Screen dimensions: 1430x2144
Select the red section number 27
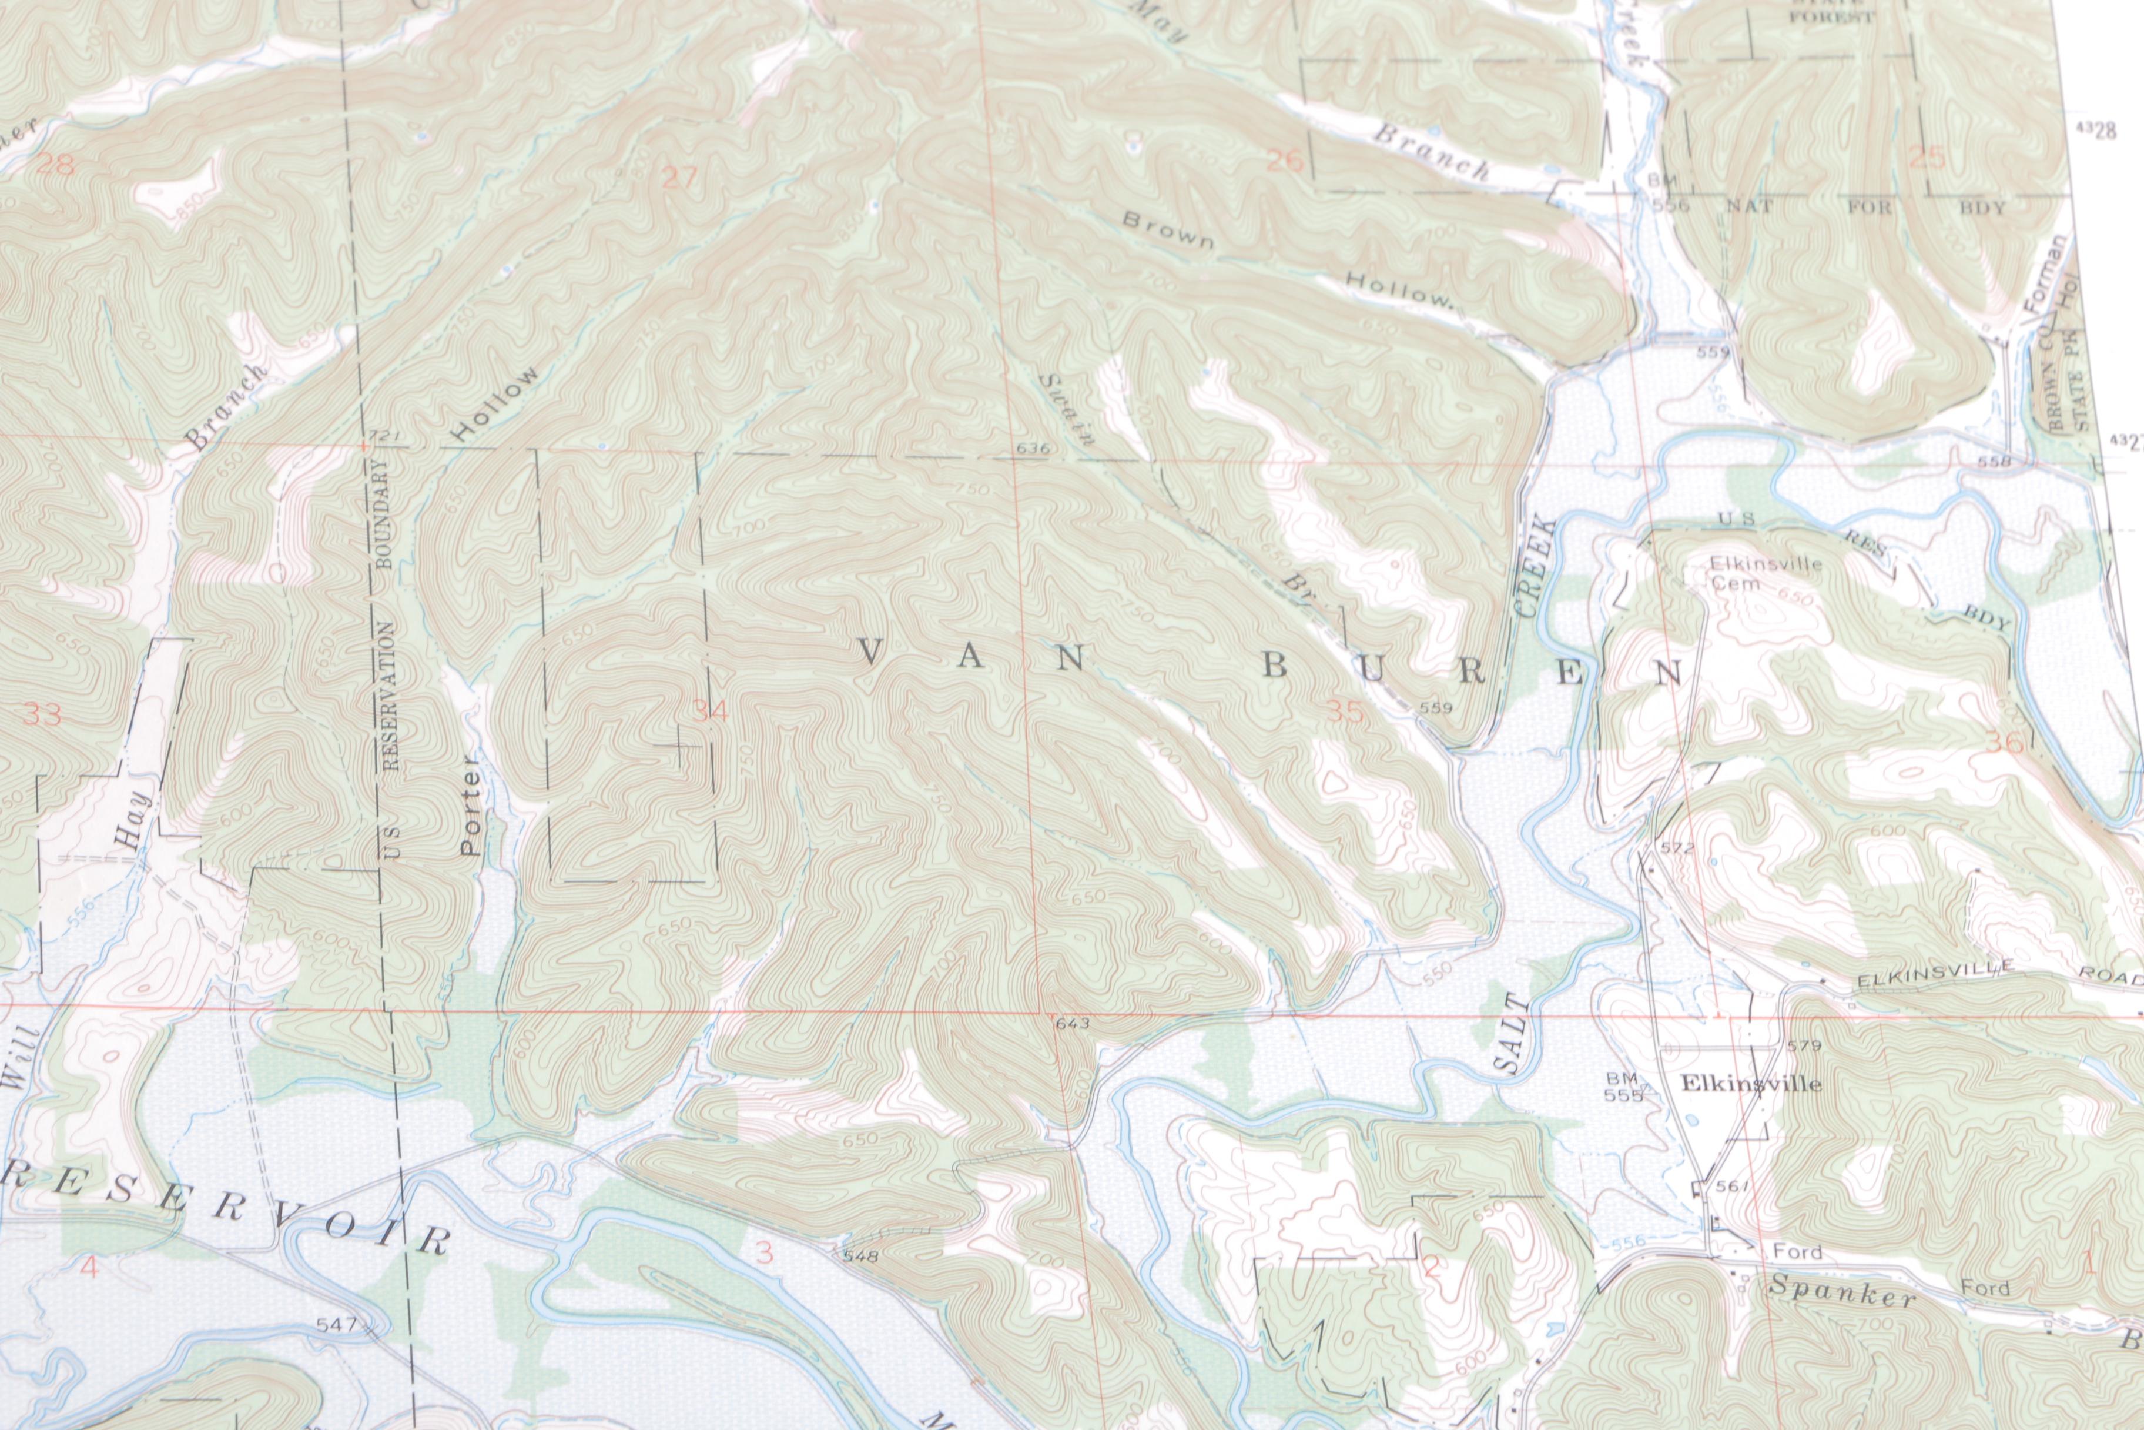(679, 178)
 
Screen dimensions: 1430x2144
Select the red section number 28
(56, 165)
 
